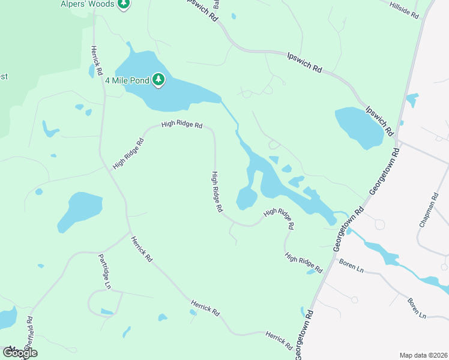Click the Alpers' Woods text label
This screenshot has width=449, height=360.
[x=88, y=4]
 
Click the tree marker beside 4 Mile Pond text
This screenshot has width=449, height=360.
[x=158, y=79]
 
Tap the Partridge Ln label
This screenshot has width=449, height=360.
[x=104, y=272]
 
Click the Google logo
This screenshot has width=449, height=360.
[x=20, y=353]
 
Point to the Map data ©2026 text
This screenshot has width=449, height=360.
[x=423, y=355]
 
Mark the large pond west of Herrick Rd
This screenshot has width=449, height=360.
[x=79, y=211]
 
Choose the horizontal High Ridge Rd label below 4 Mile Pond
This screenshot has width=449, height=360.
[x=182, y=125]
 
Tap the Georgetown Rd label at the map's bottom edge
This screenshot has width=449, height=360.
[x=304, y=335]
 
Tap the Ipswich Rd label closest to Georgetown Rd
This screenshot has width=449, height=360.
[x=379, y=121]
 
